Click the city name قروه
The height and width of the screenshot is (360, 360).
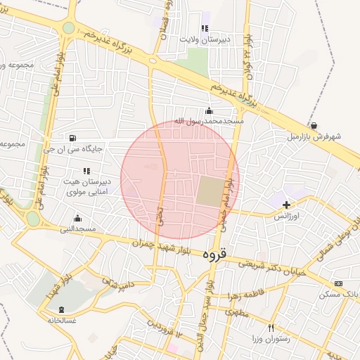pos(214,253)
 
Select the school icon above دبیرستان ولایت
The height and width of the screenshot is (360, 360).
pos(205,29)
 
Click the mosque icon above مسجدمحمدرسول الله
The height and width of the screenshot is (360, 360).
pos(209,110)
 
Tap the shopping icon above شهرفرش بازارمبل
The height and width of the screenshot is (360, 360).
pos(313,125)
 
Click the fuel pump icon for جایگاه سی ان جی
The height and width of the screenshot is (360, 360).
pos(75,138)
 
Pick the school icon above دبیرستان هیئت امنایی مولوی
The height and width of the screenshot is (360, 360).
pos(86,170)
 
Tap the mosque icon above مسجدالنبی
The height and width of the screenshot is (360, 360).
pos(77,218)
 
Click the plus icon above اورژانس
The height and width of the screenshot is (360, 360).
pos(286,205)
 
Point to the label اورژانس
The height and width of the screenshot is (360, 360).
pos(287,217)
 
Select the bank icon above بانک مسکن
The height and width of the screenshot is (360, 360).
pos(340,283)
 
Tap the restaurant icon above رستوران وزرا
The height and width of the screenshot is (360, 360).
pos(271,328)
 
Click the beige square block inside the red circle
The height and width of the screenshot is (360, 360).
pos(209,193)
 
